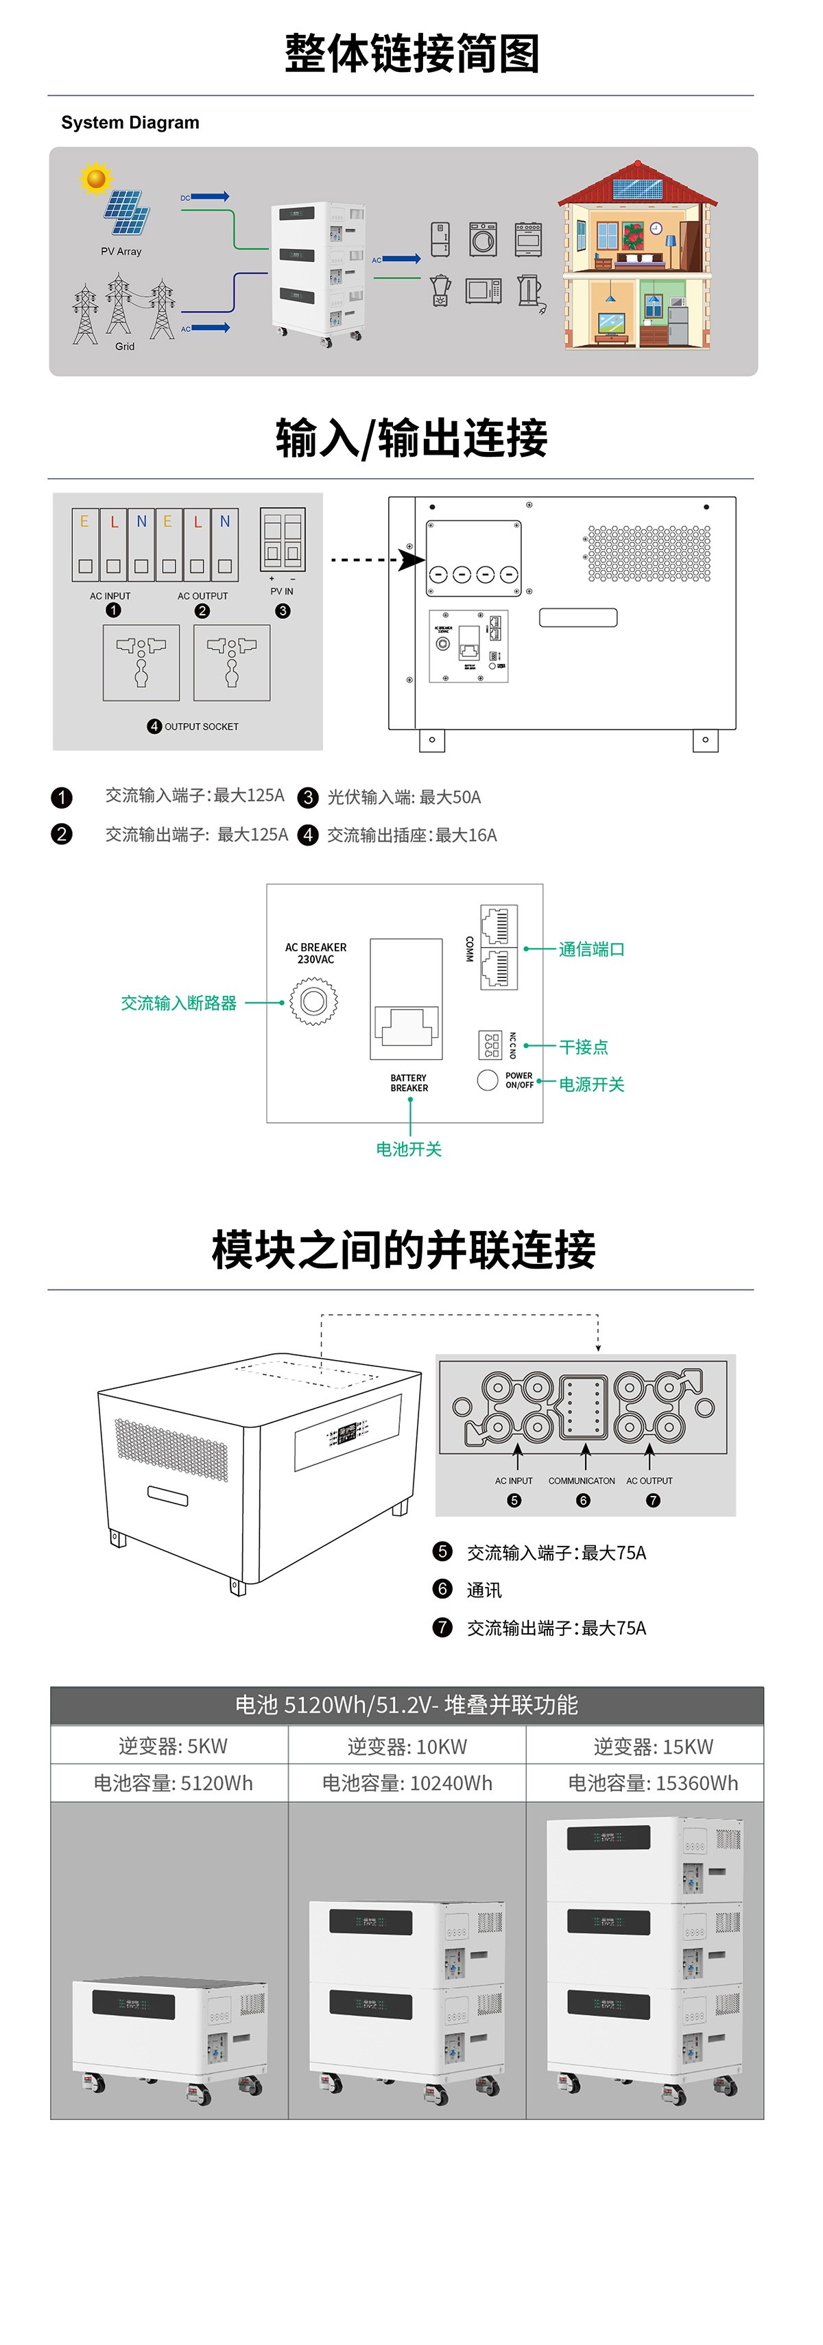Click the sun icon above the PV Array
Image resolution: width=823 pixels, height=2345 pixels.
click(95, 178)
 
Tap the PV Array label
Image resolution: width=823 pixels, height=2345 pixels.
click(121, 251)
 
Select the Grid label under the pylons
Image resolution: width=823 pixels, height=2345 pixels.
click(125, 346)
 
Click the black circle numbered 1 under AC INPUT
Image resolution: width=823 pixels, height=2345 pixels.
click(113, 610)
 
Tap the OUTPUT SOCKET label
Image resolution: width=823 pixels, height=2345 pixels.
click(200, 726)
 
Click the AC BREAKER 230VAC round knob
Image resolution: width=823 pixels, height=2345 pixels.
click(313, 1001)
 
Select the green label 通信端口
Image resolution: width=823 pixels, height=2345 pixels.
click(592, 949)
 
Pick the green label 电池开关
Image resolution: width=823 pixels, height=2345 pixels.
click(409, 1149)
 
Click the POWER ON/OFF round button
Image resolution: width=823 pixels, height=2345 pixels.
click(488, 1080)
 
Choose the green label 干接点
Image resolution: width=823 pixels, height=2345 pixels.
click(584, 1047)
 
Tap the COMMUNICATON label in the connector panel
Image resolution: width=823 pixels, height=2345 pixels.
click(582, 1480)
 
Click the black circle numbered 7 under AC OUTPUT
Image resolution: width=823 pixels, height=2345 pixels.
click(653, 1500)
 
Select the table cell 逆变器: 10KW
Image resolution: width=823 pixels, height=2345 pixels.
click(407, 1746)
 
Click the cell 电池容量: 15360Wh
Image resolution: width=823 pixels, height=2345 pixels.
click(653, 1783)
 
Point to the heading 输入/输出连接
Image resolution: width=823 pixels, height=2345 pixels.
click(411, 438)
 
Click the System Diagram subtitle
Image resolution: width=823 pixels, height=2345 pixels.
click(130, 123)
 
